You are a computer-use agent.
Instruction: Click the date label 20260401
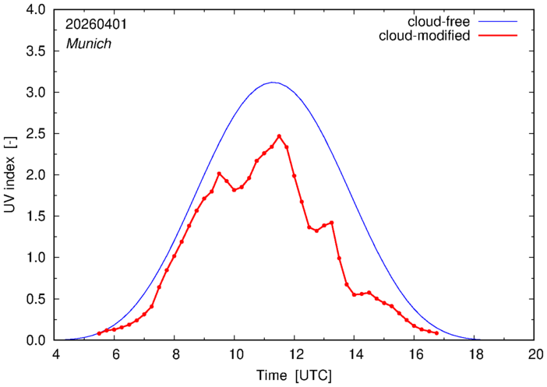coord(97,24)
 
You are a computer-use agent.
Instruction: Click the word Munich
coord(89,44)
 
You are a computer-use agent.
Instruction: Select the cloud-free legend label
coord(439,22)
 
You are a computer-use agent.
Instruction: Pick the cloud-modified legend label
coord(424,36)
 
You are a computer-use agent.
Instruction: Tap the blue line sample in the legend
coord(498,22)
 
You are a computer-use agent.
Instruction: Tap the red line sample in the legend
coord(498,36)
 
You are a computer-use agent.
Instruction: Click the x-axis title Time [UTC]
coord(294,375)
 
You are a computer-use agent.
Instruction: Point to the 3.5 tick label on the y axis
coord(36,51)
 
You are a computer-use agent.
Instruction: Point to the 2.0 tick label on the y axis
coord(36,175)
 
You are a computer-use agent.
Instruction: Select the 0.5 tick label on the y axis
coord(36,299)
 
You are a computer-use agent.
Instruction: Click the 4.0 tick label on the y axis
coord(36,10)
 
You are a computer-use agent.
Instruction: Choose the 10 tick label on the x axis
coord(234,354)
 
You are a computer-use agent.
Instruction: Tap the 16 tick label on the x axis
coord(414,354)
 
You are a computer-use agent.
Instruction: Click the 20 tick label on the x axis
coord(534,354)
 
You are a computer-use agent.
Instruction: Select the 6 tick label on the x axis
coord(114,354)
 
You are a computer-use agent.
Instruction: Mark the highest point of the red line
coord(279,136)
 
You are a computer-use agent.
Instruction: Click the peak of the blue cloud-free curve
coord(273,83)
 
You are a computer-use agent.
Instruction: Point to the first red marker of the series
coord(99,333)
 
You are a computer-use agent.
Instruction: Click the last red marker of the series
coord(437,333)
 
